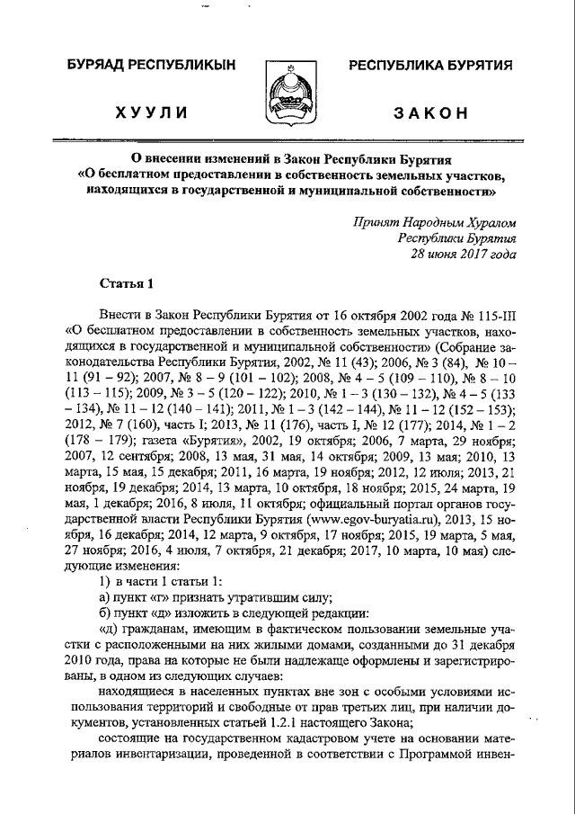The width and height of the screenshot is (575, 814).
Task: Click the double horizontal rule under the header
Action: click(287, 141)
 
